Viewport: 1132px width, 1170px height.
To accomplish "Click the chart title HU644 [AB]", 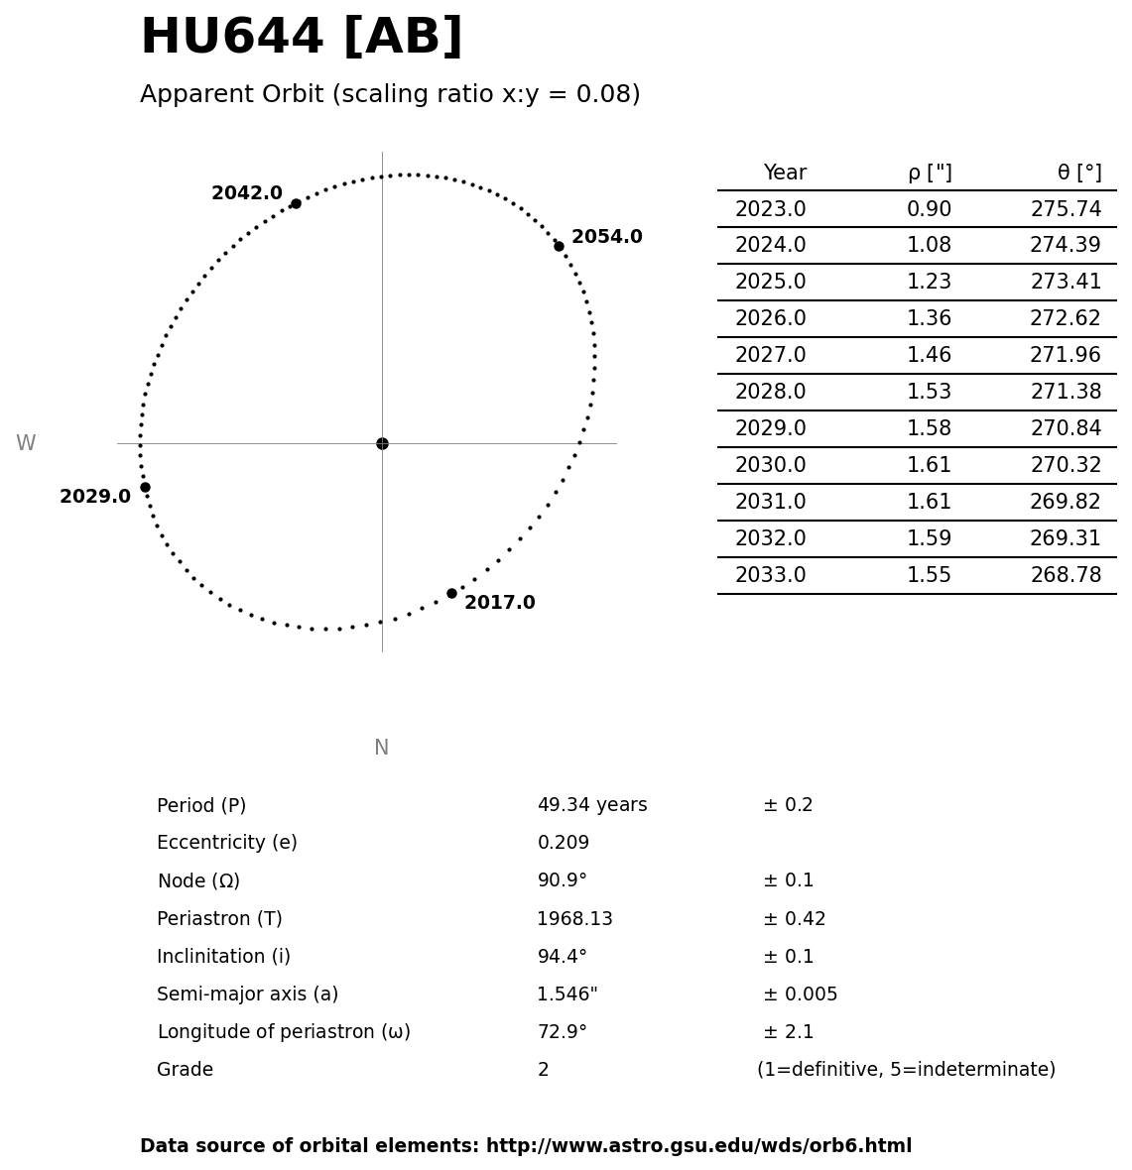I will click(x=301, y=38).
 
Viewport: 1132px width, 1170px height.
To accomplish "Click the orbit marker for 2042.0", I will click(x=296, y=203).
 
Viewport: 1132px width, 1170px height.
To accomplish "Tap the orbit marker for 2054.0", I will click(x=559, y=246).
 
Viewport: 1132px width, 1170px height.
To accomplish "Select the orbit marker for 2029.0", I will click(x=145, y=487).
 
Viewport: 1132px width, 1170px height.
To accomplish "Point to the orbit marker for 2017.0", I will click(x=451, y=593).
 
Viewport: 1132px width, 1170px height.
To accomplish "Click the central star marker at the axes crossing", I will click(x=382, y=443).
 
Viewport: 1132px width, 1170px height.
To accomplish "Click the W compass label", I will click(x=26, y=444).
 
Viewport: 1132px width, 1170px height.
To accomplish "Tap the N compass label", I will click(x=381, y=749).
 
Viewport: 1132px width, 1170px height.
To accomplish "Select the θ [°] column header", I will click(x=1078, y=174).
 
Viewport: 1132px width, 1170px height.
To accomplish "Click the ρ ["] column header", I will click(x=929, y=174).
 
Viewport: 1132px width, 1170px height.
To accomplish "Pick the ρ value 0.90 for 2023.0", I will click(x=929, y=210).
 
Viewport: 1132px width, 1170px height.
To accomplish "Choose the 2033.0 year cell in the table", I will click(x=770, y=576).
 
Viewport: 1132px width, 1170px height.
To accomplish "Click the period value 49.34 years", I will click(x=591, y=806).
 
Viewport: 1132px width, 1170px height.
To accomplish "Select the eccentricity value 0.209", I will click(x=563, y=844).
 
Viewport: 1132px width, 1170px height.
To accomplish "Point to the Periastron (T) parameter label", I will click(x=219, y=919).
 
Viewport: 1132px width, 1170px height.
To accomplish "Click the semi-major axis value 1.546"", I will click(x=566, y=994).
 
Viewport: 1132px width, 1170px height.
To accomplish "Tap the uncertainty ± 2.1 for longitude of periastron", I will click(x=788, y=1032).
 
